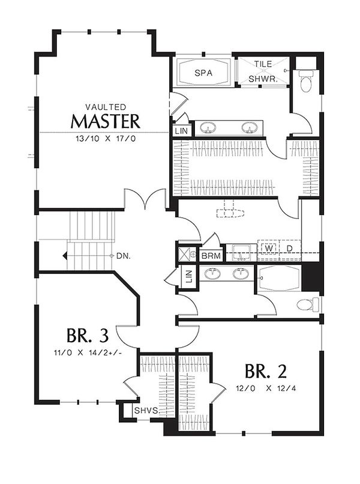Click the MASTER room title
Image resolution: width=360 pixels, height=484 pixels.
point(106,121)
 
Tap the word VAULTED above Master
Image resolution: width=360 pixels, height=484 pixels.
point(106,107)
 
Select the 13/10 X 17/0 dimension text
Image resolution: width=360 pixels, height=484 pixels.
point(106,139)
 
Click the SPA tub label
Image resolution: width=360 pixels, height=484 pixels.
point(203,73)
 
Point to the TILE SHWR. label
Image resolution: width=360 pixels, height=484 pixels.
point(263,71)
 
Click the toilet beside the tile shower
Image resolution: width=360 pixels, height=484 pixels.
point(306,81)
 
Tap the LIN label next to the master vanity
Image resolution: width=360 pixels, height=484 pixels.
point(181,131)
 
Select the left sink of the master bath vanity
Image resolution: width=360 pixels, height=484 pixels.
point(205,128)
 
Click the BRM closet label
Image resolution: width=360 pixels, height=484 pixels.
point(211,256)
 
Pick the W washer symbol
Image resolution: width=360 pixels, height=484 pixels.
point(269,248)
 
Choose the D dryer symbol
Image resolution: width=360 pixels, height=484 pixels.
point(289,248)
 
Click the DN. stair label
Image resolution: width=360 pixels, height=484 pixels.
point(124,256)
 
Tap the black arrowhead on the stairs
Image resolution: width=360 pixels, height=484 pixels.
point(65,256)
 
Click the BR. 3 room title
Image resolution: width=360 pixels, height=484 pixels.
point(88,336)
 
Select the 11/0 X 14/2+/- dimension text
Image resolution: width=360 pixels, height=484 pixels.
point(88,352)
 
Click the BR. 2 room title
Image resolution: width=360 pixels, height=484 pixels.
point(266,371)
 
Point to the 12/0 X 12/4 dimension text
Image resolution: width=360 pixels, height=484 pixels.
point(266,388)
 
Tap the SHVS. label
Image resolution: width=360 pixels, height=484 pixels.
point(146,411)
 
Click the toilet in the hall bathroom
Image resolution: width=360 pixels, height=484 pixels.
point(308,304)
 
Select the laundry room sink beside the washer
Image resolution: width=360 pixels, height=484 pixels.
point(241,252)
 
